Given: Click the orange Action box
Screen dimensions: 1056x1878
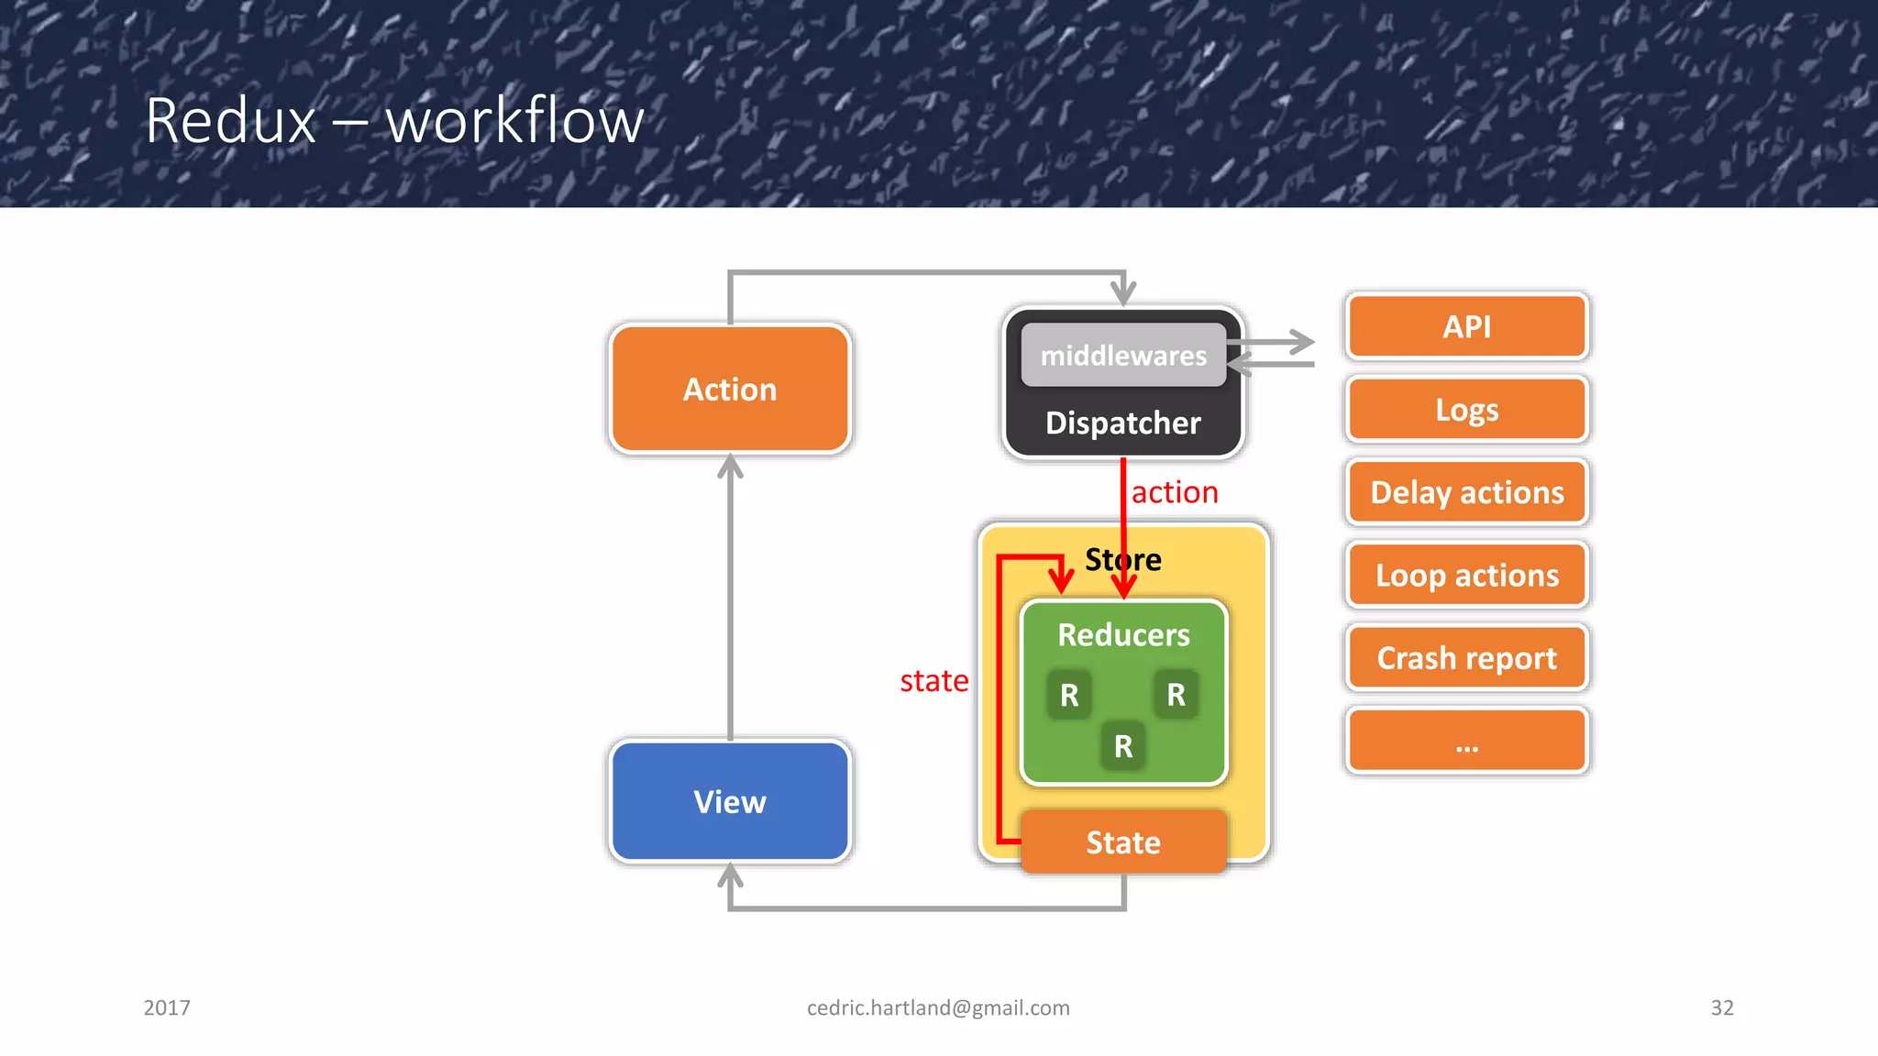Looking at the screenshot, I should (730, 390).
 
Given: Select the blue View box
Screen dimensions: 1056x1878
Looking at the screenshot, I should (730, 802).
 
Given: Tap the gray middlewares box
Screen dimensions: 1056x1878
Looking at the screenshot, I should (1123, 356).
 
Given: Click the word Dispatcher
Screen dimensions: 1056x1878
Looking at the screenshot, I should (1123, 423).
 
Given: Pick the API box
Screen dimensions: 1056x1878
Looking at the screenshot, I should (1466, 327).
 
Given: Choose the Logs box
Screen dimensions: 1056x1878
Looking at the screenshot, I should (1466, 410).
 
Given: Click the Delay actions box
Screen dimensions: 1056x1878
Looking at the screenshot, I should (1466, 493).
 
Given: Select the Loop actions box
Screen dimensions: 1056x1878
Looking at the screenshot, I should (1466, 576).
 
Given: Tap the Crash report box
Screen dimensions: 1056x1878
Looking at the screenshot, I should (1466, 658).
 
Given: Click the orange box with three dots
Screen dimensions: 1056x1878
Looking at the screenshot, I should (1466, 741).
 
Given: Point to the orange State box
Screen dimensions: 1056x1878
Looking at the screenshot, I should (1123, 842).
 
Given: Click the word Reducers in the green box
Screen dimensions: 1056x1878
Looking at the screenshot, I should (1123, 635).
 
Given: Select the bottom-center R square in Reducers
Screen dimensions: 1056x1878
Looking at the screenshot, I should (1123, 746).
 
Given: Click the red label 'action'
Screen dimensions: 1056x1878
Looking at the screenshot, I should (1175, 493).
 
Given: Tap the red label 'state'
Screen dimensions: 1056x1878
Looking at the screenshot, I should (933, 681).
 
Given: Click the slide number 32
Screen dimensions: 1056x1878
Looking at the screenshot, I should (1722, 1007).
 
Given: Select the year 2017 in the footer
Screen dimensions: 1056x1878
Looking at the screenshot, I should (167, 1007).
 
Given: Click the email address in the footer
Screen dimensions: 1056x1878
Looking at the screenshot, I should (938, 1007).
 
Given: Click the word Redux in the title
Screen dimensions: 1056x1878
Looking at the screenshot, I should (231, 121).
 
